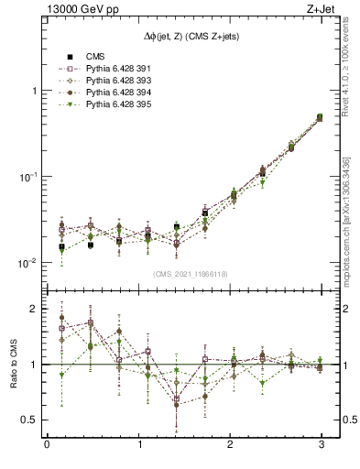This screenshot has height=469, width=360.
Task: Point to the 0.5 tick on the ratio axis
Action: pyautogui.click(x=29, y=420)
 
